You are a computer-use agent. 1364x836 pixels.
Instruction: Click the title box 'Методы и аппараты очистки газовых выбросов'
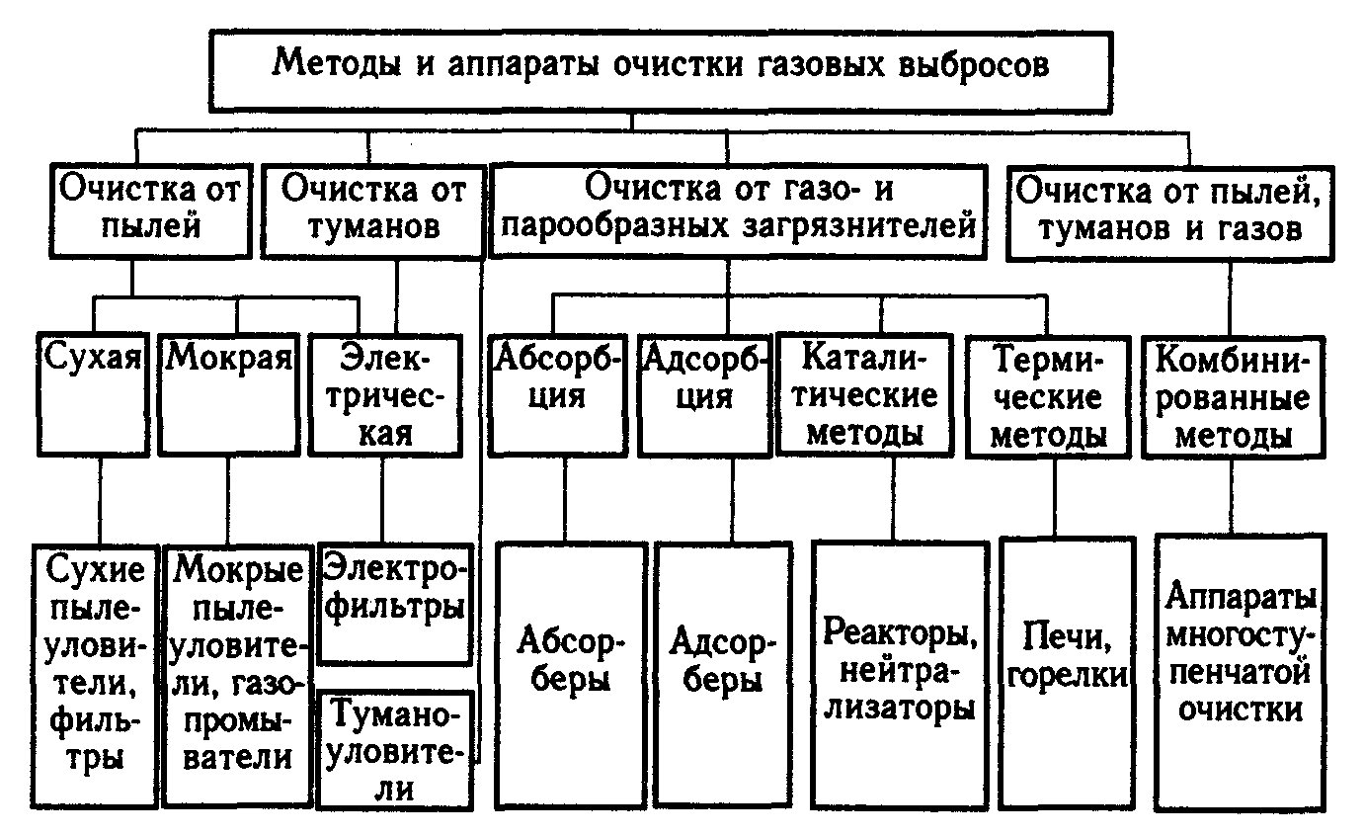[x=662, y=72]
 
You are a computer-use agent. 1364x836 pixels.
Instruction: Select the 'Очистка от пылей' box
[x=150, y=211]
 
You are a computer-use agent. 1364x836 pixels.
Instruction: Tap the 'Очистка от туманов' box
[x=373, y=211]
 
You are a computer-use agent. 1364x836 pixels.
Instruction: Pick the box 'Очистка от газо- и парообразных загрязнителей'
[x=738, y=211]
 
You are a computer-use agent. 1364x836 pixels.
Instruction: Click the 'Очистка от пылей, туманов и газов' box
[x=1170, y=213]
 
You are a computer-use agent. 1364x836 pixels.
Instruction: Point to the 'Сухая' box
[x=93, y=395]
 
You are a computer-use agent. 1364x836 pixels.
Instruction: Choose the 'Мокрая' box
[x=229, y=395]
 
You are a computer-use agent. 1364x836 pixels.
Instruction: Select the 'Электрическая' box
[x=385, y=395]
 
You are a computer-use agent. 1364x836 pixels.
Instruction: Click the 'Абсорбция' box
[x=557, y=395]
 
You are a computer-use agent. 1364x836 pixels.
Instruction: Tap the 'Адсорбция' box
[x=704, y=395]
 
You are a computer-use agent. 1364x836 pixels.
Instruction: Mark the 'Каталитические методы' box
[x=864, y=394]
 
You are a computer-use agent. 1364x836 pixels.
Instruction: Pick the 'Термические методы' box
[x=1048, y=396]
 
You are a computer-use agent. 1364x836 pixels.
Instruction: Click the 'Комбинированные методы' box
[x=1233, y=396]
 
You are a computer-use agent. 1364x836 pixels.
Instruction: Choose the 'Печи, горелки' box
[x=1067, y=673]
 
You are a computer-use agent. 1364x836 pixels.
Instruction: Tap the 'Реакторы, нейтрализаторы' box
[x=900, y=675]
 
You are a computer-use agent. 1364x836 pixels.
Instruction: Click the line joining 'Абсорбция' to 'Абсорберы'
[x=565, y=500]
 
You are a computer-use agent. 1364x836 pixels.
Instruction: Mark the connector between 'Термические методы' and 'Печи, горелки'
[x=1055, y=498]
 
